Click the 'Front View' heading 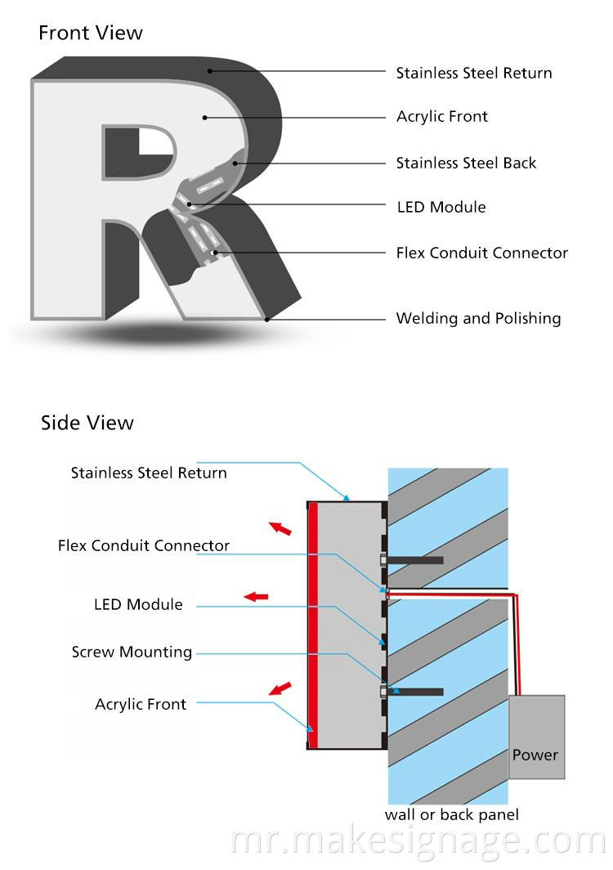point(90,33)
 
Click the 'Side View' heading point(87,423)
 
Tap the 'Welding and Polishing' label point(478,318)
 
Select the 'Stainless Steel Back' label point(466,163)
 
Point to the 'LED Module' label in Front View point(441,207)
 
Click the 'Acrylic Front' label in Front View point(441,116)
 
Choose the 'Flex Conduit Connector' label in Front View point(481,253)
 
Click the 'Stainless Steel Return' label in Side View point(149,473)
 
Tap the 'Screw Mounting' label point(132,652)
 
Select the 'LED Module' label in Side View point(138,604)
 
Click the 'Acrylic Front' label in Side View point(141,704)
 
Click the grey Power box point(536,737)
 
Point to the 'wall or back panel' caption point(451,814)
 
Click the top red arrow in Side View point(280,528)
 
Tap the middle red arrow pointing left point(256,597)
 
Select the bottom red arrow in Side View point(280,688)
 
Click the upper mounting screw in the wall point(413,561)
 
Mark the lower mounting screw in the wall point(413,692)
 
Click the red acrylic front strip point(312,626)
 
